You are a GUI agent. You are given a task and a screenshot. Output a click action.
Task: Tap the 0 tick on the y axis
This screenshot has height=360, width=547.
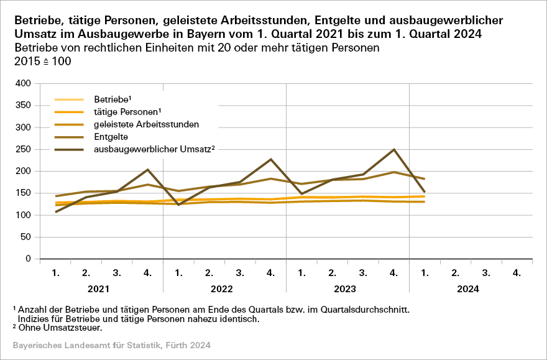coord(27,259)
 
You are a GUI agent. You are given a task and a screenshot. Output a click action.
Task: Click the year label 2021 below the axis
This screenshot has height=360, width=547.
coord(102,289)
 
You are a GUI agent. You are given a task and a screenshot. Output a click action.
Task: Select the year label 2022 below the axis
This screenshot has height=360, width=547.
coord(225,289)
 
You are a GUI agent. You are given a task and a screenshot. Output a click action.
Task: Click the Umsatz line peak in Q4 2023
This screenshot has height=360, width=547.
coord(394,149)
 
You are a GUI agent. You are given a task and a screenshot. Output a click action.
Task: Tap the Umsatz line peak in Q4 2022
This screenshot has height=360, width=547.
coord(271,159)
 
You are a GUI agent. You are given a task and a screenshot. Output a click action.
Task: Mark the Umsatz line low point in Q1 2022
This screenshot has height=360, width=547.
coord(179,205)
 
